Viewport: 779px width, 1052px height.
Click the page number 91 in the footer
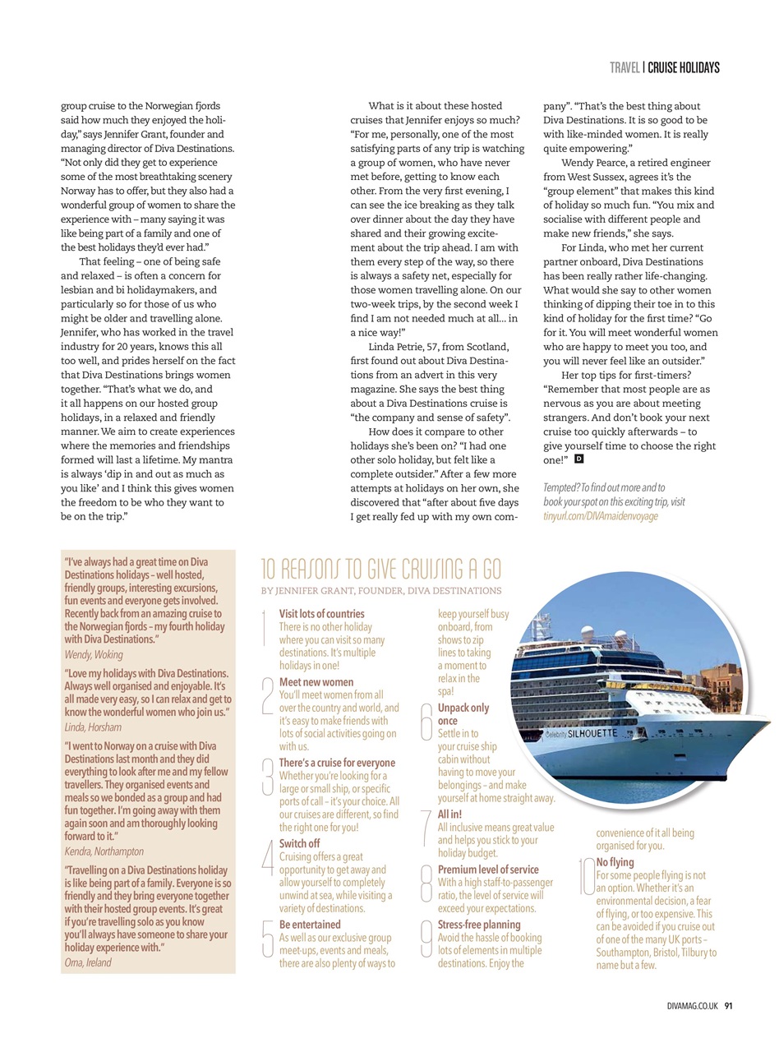click(x=728, y=1005)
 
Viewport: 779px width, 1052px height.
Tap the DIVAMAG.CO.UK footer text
click(x=694, y=1005)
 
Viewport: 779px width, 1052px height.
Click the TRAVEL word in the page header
click(x=625, y=67)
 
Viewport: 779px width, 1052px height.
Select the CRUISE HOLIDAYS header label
click(x=683, y=67)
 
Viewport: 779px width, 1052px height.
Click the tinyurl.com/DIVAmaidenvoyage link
click(x=600, y=515)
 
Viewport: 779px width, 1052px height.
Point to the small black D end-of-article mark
click(x=579, y=459)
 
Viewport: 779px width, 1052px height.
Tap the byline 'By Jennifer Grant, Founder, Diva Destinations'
click(x=380, y=590)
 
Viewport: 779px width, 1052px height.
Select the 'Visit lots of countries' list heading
click(x=321, y=614)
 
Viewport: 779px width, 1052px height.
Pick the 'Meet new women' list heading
click(x=316, y=682)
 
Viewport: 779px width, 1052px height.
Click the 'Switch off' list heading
click(x=299, y=844)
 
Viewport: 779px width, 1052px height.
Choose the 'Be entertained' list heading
click(x=310, y=925)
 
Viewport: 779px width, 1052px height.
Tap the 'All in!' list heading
click(x=449, y=814)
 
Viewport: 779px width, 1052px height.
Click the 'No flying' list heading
click(x=615, y=862)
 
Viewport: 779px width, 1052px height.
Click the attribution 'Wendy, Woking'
click(x=94, y=655)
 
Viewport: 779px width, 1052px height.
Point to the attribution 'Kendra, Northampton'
click(x=104, y=851)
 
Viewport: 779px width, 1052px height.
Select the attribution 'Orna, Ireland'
click(x=88, y=962)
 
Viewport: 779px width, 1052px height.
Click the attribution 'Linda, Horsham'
click(x=93, y=727)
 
